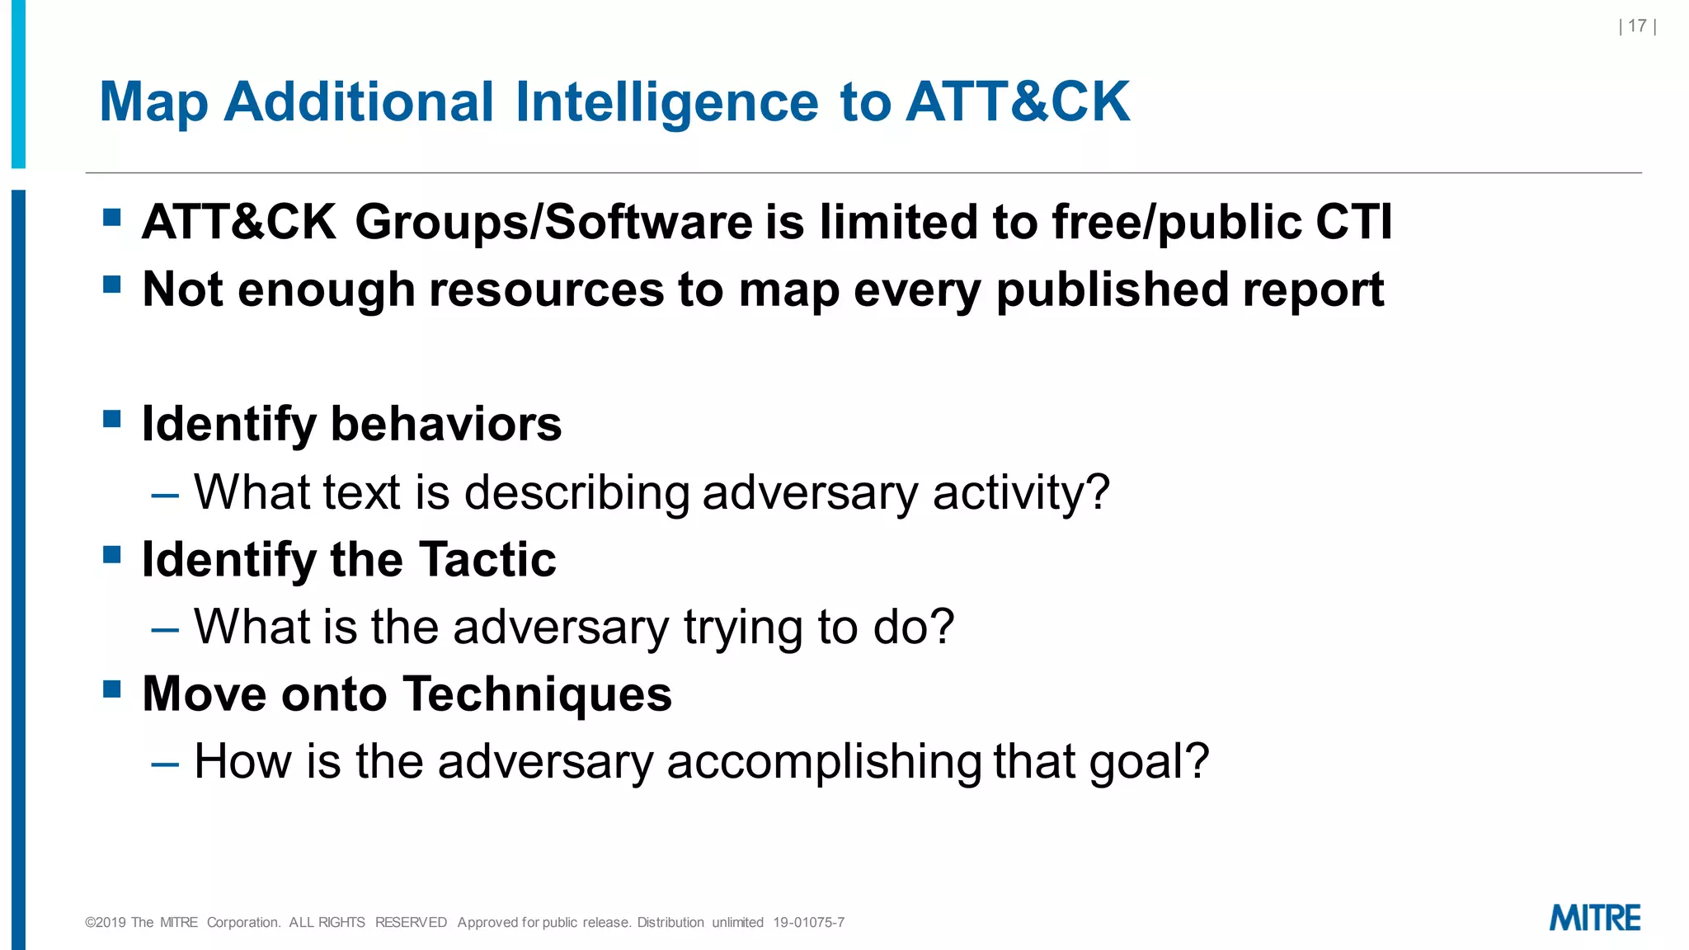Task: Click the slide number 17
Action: click(1637, 26)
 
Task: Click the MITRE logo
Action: click(1595, 918)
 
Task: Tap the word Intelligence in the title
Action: click(667, 102)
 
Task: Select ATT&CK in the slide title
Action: click(1018, 102)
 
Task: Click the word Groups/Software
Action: click(554, 223)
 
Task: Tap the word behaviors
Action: click(446, 425)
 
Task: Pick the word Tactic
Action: click(487, 560)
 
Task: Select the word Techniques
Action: click(538, 694)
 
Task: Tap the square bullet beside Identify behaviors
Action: click(112, 420)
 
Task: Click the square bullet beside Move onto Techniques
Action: click(112, 689)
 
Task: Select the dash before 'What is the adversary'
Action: click(165, 630)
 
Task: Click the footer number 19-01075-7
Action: click(808, 923)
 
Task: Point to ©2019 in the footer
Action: click(106, 923)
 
